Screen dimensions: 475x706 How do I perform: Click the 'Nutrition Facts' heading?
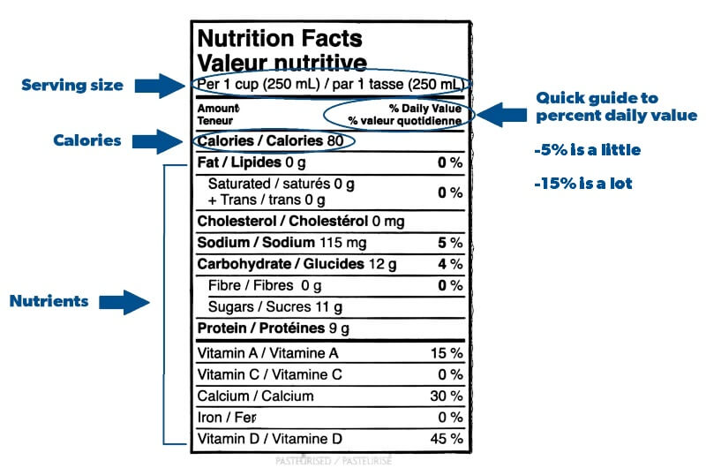[279, 38]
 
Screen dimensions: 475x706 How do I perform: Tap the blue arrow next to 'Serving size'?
[159, 86]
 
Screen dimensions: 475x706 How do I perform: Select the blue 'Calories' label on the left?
[87, 140]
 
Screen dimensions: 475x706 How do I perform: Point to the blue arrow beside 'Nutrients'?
[124, 301]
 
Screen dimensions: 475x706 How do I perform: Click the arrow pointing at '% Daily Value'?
[500, 114]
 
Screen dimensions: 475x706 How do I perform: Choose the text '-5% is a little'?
[587, 150]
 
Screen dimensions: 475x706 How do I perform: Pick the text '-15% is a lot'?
[583, 184]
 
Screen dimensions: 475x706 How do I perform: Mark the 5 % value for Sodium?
[449, 243]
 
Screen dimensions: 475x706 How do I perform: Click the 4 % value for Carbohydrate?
[449, 264]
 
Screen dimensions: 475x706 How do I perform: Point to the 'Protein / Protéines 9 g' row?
[274, 328]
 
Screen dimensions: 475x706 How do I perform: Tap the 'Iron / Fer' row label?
[226, 418]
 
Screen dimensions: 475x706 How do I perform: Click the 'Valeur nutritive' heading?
[282, 63]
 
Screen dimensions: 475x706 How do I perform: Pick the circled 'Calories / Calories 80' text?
[270, 141]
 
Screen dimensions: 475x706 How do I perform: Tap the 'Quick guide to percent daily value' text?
[616, 106]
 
